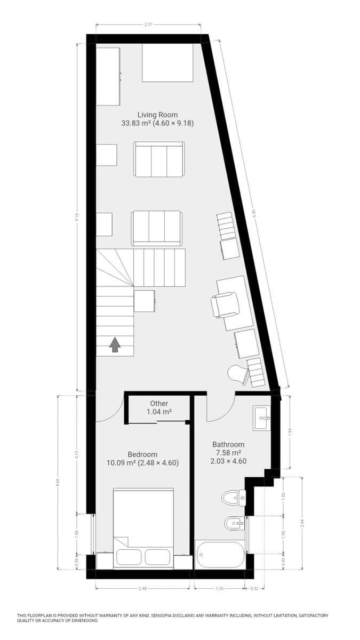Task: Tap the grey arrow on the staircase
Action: (115, 345)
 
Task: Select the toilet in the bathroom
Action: (234, 498)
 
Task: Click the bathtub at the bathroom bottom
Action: (220, 555)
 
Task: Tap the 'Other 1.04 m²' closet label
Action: (159, 408)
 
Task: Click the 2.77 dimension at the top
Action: (149, 25)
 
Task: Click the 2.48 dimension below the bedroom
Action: (142, 589)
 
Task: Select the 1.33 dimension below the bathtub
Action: (219, 589)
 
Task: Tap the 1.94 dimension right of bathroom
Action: (290, 433)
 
